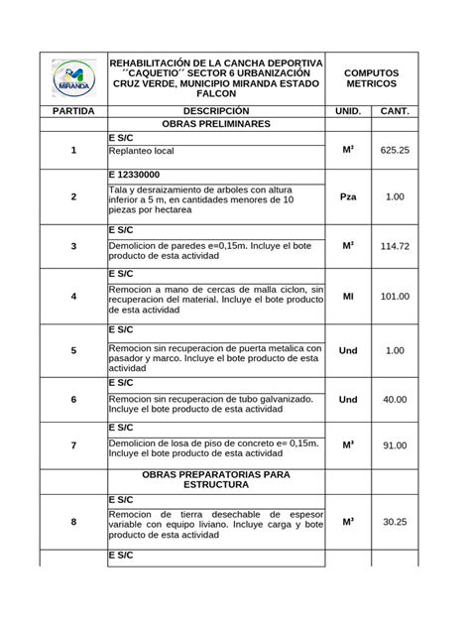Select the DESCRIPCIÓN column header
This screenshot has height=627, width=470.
(215, 111)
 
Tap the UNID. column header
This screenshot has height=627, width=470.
(348, 111)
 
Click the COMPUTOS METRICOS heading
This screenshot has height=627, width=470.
(371, 77)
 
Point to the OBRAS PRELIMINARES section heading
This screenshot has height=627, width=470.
(215, 126)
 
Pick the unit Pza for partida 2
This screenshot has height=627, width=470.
(348, 197)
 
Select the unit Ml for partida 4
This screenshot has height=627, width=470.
(348, 296)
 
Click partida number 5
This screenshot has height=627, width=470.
(73, 350)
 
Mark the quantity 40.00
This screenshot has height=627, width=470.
(395, 399)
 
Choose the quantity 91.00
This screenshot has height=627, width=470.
(395, 446)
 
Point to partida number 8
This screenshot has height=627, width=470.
(73, 522)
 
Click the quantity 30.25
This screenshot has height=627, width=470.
(395, 522)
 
